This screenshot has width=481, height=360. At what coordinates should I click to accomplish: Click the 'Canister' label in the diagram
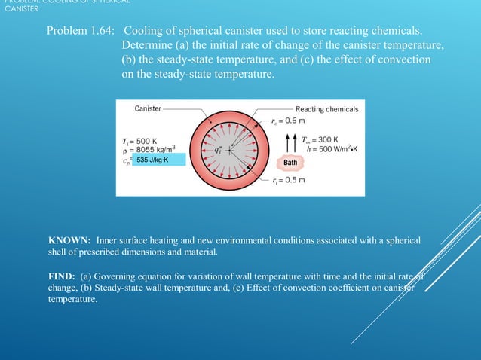pos(148,108)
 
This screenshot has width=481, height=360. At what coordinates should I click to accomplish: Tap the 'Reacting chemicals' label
pos(326,109)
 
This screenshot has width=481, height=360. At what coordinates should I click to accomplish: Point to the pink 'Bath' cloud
pos(292,163)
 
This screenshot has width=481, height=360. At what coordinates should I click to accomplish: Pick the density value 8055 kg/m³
pos(148,151)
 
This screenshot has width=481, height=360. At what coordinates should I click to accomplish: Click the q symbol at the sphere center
pos(218,150)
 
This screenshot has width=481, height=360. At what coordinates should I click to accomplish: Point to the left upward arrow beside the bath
pos(283,143)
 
